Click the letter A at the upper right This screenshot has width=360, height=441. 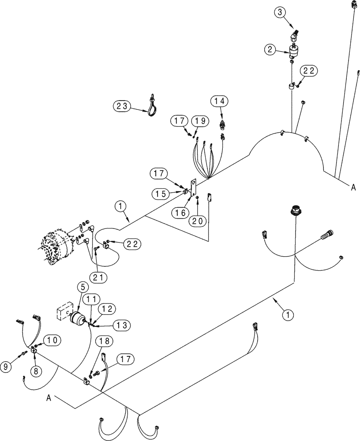coord(353,188)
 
